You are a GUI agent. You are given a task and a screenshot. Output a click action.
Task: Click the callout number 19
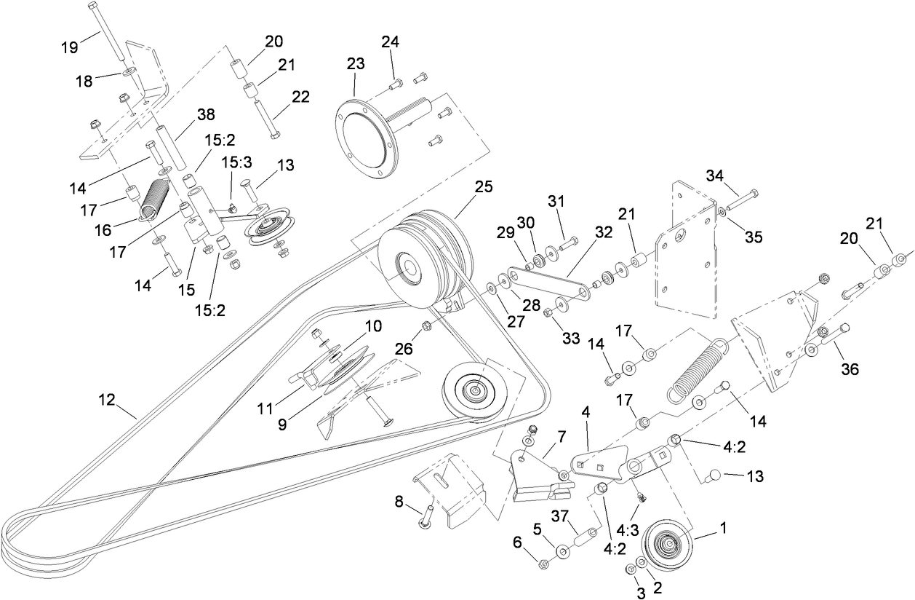click(69, 49)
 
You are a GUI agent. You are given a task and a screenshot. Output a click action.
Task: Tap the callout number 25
click(484, 186)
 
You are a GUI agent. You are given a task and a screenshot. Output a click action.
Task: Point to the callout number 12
click(108, 400)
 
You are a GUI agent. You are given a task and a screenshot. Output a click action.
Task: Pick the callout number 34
click(716, 175)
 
